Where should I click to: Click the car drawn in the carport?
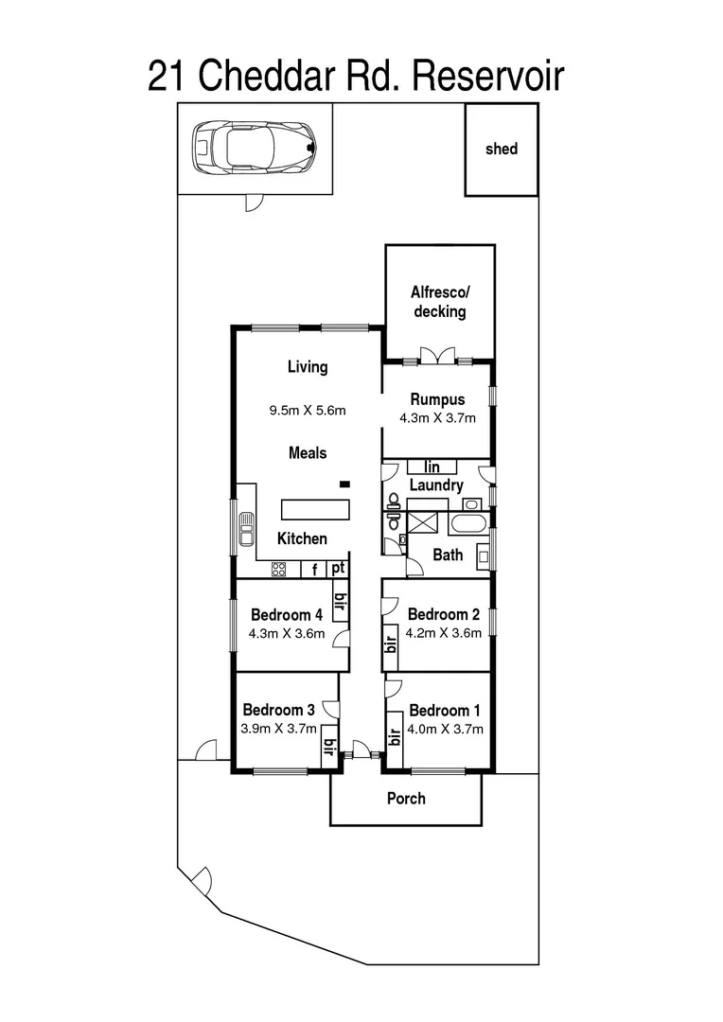[x=254, y=147]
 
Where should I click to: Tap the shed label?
[x=501, y=149]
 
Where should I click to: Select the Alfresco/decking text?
[x=439, y=301]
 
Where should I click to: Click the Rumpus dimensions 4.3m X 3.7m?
[x=437, y=416]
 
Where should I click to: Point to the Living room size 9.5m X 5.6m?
[x=308, y=411]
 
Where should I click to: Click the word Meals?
[x=308, y=453]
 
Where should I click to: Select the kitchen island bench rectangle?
[x=314, y=509]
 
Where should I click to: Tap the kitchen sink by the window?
[x=246, y=530]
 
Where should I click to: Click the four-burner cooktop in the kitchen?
[x=279, y=569]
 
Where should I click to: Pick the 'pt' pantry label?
[x=337, y=569]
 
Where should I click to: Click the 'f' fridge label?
[x=313, y=570]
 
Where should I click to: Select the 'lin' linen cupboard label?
[x=432, y=467]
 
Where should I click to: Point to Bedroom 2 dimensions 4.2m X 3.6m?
[x=444, y=633]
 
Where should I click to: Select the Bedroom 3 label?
[x=278, y=710]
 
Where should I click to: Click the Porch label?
[x=406, y=798]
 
